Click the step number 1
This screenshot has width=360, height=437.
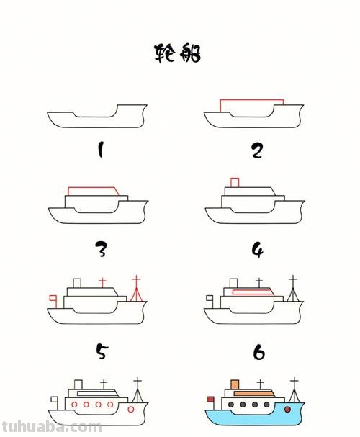point(100,150)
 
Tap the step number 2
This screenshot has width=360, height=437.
point(257,150)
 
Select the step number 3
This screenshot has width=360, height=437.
point(101,250)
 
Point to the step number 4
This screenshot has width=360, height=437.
point(257,250)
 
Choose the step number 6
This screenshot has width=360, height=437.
point(258,352)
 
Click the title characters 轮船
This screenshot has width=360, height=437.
point(178,53)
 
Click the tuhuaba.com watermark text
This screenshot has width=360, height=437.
point(50,427)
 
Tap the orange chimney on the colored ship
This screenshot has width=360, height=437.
point(235,385)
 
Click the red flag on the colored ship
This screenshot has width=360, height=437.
point(211,398)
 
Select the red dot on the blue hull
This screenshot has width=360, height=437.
point(287,409)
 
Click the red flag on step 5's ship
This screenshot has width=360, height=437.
point(52,297)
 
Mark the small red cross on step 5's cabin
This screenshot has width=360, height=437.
point(102,281)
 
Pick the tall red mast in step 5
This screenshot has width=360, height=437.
point(135,288)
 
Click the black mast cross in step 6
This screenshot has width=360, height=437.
point(292,279)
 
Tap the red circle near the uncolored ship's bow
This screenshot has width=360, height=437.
point(130,409)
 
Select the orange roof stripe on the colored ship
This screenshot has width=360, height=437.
point(253,393)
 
